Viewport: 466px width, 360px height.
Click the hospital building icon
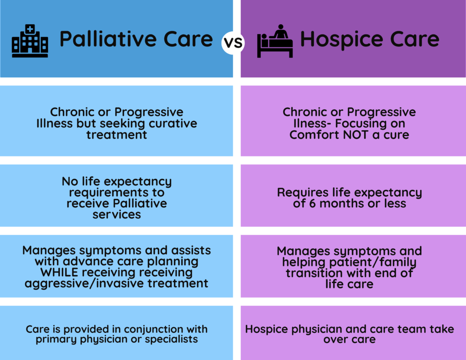pos(30,41)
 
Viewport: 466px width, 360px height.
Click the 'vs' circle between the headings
pos(233,44)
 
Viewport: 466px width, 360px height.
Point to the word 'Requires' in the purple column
pos(300,193)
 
